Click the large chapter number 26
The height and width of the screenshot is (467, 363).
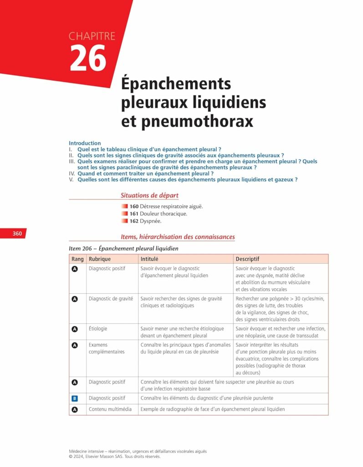tap(88, 58)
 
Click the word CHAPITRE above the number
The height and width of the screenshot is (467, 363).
tap(92, 36)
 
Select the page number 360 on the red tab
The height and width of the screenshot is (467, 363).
tap(17, 233)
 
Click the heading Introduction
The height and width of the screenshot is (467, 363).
tap(85, 143)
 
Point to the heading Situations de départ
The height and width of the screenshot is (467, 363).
tap(149, 195)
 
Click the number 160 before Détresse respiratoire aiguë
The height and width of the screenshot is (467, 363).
tap(134, 206)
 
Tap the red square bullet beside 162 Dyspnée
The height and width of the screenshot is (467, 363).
tap(124, 221)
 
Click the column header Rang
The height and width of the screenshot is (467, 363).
tap(77, 259)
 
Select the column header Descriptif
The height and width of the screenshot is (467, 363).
tap(247, 259)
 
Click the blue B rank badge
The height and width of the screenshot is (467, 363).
tap(75, 399)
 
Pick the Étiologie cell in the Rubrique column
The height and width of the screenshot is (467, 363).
tap(98, 328)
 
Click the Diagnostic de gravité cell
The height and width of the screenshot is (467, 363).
tap(111, 298)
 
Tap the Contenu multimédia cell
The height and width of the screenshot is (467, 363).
tap(112, 409)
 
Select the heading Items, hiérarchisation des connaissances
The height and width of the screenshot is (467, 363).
tap(178, 237)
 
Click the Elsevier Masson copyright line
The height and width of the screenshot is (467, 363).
tap(114, 456)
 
